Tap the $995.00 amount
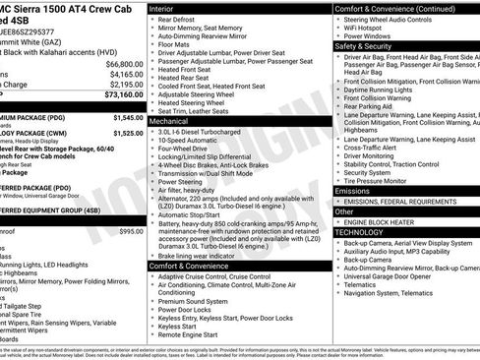(x=131, y=231)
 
